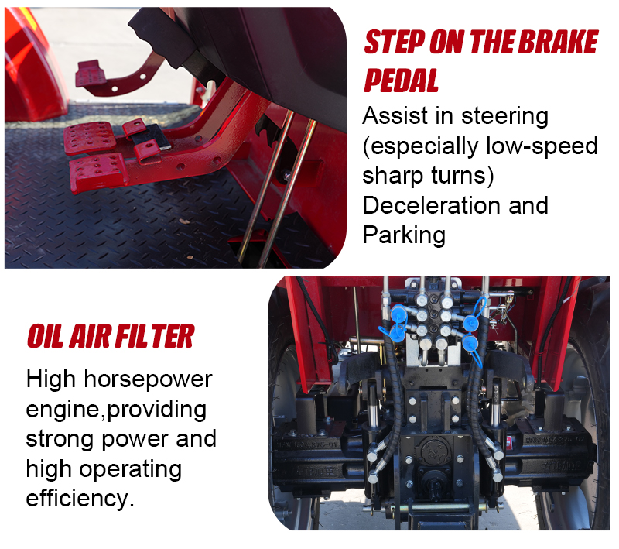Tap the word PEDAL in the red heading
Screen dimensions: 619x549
(x=401, y=81)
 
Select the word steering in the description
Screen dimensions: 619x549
(x=505, y=117)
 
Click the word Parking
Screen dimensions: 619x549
(x=404, y=236)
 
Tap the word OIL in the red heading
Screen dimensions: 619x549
(x=45, y=336)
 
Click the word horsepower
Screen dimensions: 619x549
(x=148, y=380)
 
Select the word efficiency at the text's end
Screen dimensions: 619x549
(x=77, y=499)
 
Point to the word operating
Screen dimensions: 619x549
(x=130, y=470)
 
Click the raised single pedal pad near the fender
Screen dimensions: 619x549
(x=91, y=73)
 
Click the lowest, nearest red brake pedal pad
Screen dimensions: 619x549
(x=98, y=172)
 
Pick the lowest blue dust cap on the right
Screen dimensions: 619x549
(x=470, y=342)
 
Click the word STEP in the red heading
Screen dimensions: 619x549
(x=394, y=42)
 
